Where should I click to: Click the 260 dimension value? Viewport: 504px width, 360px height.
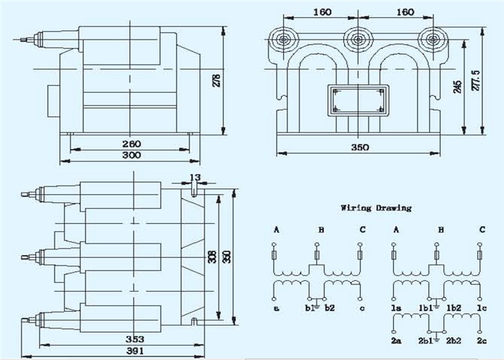(132, 144)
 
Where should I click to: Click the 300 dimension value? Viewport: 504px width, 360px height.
(132, 156)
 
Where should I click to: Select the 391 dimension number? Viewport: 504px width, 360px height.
(135, 351)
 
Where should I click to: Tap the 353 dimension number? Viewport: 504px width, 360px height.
(135, 339)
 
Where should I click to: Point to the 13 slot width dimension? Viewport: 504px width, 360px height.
(195, 177)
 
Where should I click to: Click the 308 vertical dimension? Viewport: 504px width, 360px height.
(212, 257)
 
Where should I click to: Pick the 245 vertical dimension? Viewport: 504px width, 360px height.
(457, 87)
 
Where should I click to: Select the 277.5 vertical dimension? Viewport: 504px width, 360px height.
(477, 81)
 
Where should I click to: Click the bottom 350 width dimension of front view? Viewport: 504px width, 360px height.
(360, 148)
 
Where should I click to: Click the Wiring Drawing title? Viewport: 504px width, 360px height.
(376, 208)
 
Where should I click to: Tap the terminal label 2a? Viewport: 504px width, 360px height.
(396, 341)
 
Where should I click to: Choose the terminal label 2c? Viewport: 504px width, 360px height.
(482, 341)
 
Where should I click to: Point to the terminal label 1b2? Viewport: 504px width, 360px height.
(454, 308)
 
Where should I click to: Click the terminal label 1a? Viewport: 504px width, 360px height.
(396, 308)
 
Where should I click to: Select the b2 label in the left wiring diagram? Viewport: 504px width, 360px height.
(330, 308)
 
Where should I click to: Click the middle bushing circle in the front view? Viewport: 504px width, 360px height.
(357, 40)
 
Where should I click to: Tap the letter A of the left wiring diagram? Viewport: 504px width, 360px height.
(276, 230)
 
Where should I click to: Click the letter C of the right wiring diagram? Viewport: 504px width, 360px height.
(482, 230)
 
